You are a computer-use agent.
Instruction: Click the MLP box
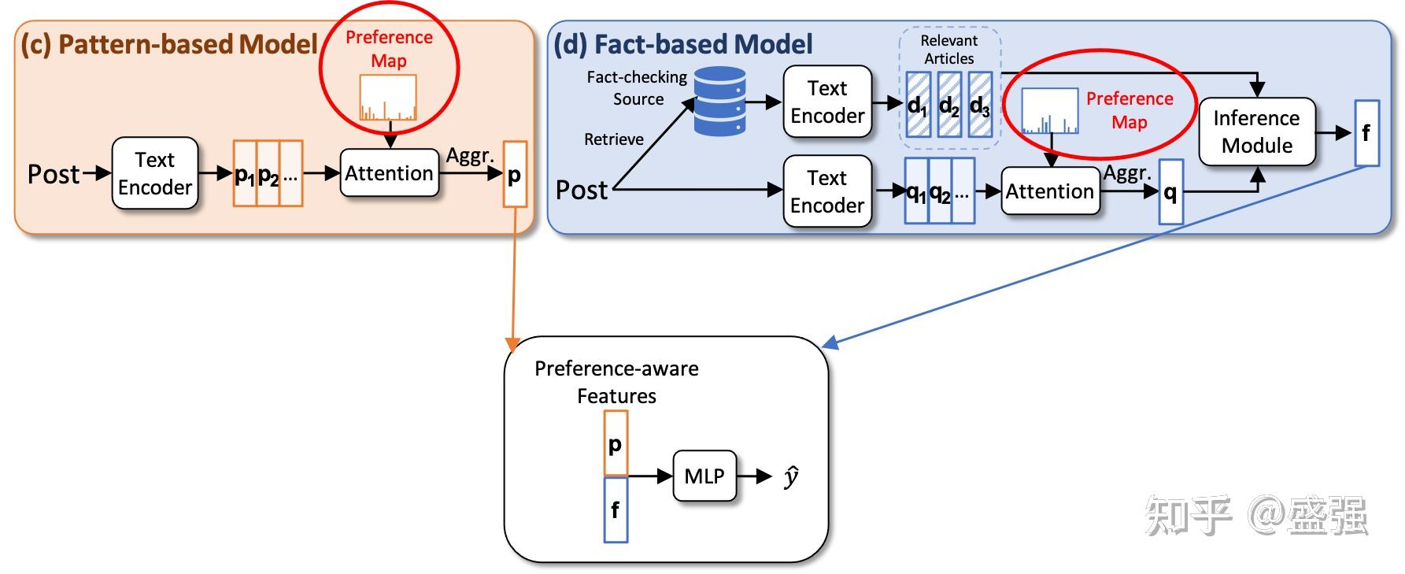(704, 476)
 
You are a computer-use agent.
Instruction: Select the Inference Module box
(1256, 131)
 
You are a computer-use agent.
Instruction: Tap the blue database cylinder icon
(719, 101)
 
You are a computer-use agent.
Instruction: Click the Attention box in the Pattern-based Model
(389, 173)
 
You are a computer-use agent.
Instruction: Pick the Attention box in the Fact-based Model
(1049, 191)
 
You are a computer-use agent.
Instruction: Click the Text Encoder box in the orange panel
(155, 173)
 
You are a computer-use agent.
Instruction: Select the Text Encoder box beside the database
(827, 102)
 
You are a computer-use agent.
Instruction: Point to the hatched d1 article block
(918, 105)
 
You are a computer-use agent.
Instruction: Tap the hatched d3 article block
(980, 105)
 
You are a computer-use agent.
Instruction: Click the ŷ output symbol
(791, 476)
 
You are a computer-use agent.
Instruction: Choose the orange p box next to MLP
(616, 443)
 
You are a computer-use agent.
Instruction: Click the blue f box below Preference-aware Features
(616, 510)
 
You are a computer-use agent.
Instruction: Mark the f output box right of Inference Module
(1366, 132)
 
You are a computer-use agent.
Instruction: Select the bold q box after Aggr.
(1170, 191)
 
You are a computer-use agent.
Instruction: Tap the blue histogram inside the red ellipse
(1049, 111)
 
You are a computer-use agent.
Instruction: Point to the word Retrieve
(613, 139)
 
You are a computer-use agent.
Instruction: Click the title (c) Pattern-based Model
(168, 44)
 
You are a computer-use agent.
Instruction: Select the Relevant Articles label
(948, 49)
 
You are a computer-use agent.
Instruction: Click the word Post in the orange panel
(54, 174)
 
